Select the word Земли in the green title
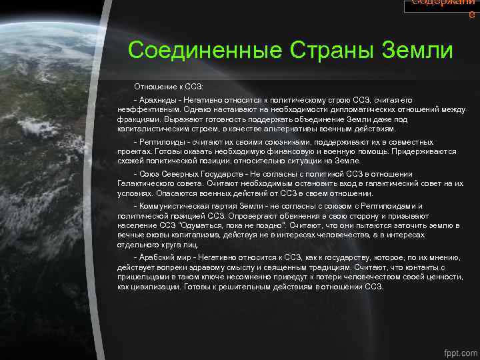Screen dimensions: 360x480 [415, 51]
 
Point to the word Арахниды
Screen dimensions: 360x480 [159, 99]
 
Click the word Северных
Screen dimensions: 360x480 [188, 175]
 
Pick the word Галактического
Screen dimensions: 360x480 [145, 183]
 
